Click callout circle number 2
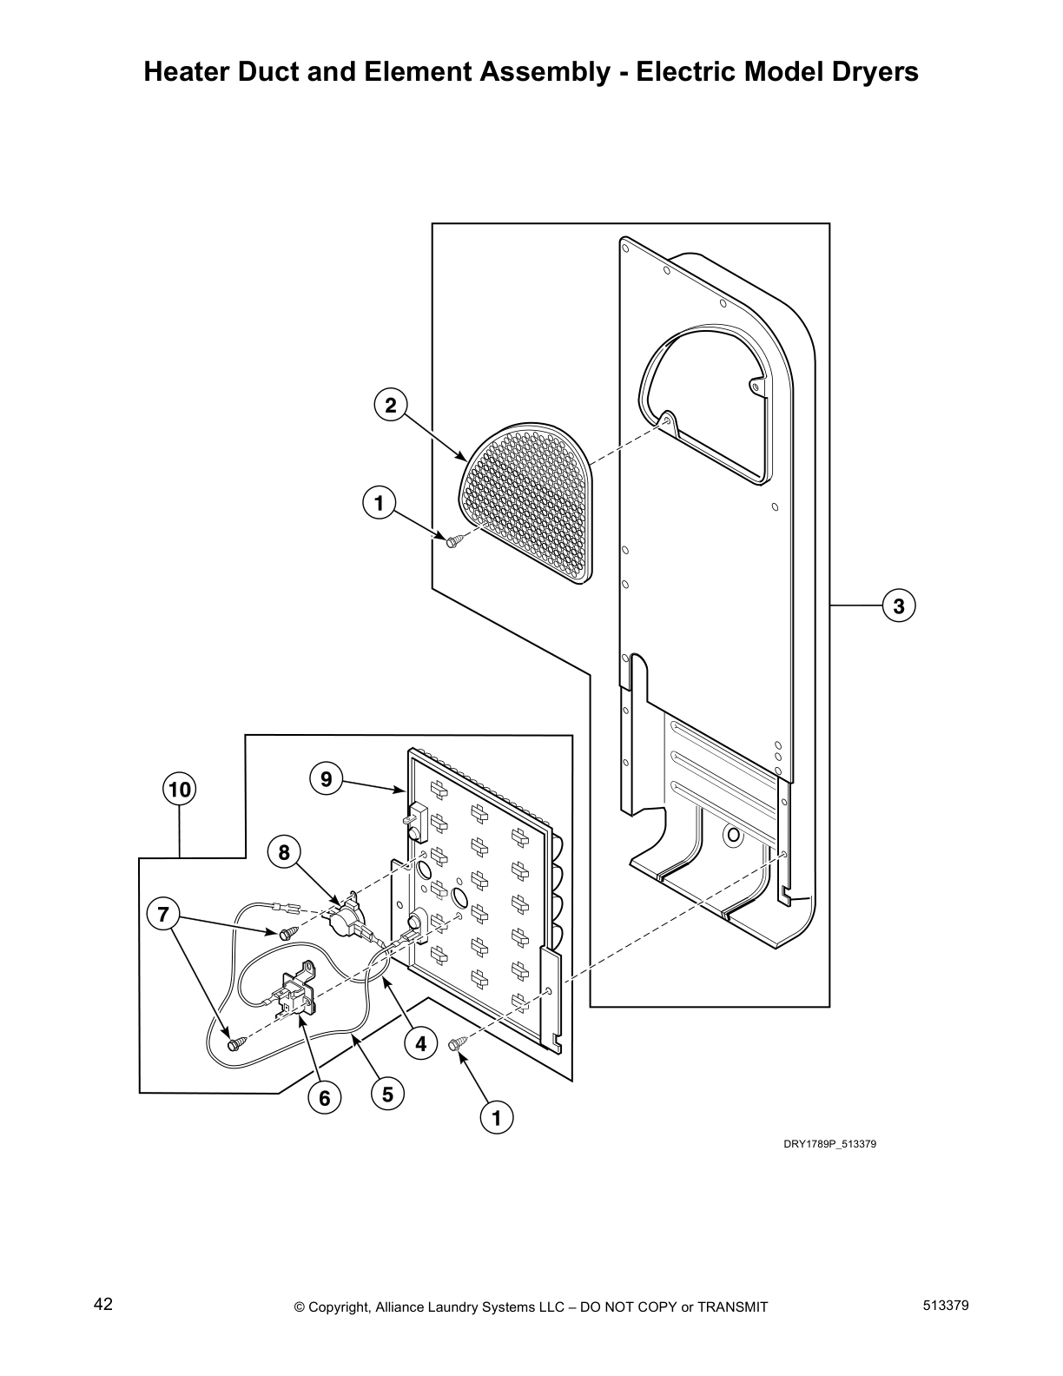[391, 405]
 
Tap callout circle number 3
[899, 605]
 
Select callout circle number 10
[179, 790]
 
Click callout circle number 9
[326, 779]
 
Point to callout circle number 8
[284, 853]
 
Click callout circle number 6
[324, 1098]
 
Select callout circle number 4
[420, 1043]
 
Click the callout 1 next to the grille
[378, 503]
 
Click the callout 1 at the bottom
[497, 1118]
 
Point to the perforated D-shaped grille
[530, 504]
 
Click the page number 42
[103, 1304]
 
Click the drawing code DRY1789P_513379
[829, 1144]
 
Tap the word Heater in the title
[188, 71]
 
